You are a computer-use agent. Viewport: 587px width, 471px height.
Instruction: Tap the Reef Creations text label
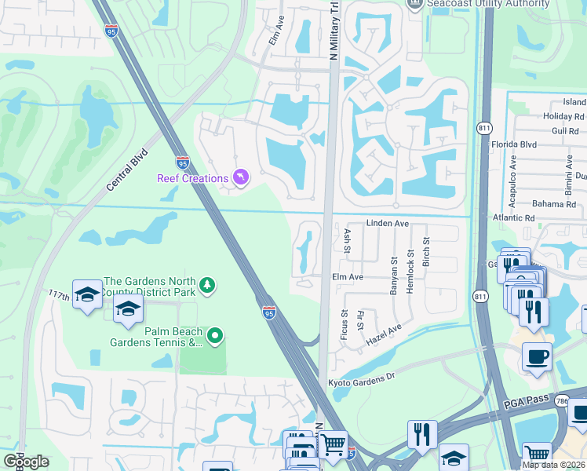(x=192, y=179)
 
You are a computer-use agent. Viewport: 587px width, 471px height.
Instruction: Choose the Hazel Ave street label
(x=384, y=334)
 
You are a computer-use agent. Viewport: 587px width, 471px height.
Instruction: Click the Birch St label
(x=427, y=252)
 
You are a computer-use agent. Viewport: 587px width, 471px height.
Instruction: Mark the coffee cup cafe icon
(x=538, y=356)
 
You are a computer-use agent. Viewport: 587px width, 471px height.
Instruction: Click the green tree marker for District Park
(x=206, y=284)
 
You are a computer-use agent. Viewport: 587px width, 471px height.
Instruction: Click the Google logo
(x=26, y=462)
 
